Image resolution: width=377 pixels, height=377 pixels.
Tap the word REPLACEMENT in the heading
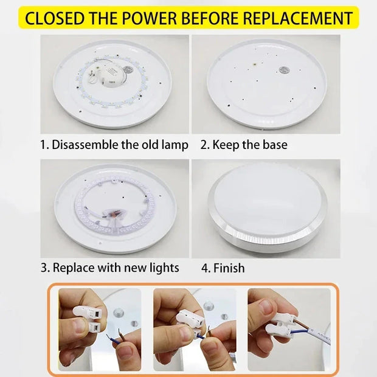tap(298, 17)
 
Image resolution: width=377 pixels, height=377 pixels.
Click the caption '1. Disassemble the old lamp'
tap(114, 145)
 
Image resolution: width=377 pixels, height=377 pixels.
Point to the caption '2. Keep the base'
tap(244, 145)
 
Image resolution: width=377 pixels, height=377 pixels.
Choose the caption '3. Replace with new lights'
tap(109, 268)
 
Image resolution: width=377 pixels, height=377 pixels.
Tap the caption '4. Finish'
tap(223, 268)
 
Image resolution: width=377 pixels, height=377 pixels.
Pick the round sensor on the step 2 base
tap(283, 70)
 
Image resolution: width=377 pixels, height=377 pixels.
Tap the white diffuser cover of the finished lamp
tap(268, 201)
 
